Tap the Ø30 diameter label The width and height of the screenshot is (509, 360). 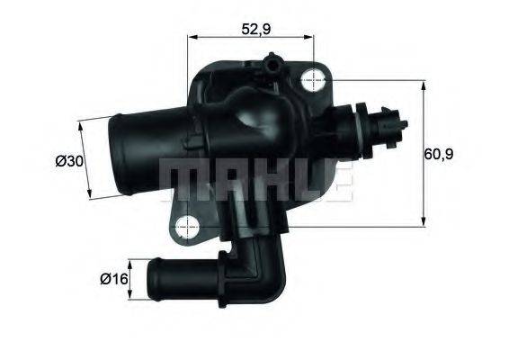[x=69, y=161]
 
